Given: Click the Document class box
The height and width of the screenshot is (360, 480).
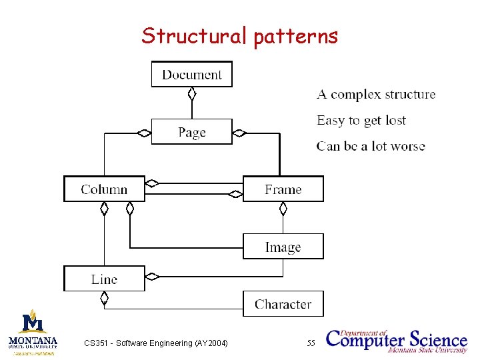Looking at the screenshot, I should pos(191,74).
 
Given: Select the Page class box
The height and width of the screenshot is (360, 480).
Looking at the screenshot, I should pos(191,132).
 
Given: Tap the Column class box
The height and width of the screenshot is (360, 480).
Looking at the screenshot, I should pos(104,189).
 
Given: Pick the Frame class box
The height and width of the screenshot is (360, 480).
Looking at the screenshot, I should pos(283,189).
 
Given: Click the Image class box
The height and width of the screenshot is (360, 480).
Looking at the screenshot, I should pos(283,247).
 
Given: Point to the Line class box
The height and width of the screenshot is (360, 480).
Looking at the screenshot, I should pos(104,279).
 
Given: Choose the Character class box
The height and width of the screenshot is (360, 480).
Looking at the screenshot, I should pos(283,304).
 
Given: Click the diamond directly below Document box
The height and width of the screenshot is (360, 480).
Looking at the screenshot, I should pos(192,94).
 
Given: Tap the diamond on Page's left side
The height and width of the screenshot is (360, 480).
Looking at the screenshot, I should pos(144,133).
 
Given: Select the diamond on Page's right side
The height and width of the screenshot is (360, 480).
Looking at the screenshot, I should pos(239,133).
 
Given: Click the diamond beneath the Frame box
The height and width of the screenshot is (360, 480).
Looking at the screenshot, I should pos(283,209).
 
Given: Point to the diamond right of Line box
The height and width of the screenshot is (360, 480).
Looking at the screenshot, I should pos(152,276).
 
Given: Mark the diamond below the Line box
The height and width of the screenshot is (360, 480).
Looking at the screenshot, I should pos(104,299).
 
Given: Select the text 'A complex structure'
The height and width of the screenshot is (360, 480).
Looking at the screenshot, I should pos(376,95).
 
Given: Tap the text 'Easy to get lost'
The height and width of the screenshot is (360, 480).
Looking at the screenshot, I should pos(361,121).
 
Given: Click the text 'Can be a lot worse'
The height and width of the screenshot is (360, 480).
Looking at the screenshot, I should pos(371,147).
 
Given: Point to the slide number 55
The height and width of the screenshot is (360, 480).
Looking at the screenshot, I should pos(311,343).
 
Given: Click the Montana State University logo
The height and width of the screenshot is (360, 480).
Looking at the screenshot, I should pos(33,332).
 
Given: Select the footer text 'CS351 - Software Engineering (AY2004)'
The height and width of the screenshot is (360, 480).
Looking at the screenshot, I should pos(156,343).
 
